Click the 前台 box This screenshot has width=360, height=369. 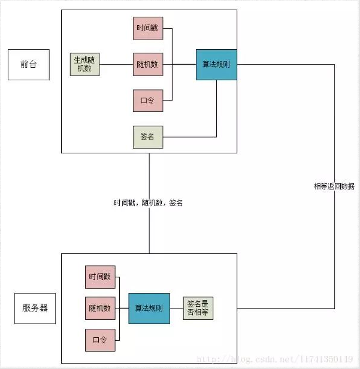(x=28, y=64)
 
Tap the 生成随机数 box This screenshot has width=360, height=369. (x=84, y=65)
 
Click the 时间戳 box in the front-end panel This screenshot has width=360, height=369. (x=148, y=28)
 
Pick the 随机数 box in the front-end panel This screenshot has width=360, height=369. (x=148, y=65)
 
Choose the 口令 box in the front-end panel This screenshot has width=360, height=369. (x=148, y=101)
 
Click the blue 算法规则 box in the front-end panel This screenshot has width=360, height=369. (x=216, y=65)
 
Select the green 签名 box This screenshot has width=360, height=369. (x=148, y=137)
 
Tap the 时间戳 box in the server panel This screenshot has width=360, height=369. (x=100, y=277)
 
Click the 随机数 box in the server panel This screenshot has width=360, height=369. (x=100, y=308)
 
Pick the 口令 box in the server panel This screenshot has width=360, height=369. (x=100, y=340)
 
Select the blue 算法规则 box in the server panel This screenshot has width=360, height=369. (x=149, y=308)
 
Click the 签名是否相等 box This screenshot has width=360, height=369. (x=198, y=308)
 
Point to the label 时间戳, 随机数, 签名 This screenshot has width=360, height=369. (x=149, y=203)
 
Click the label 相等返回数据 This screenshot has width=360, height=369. (x=334, y=186)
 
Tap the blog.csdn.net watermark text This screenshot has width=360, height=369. (x=275, y=359)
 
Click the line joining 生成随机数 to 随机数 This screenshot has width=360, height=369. (x=116, y=65)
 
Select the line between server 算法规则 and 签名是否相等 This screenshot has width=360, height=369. (x=177, y=308)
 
